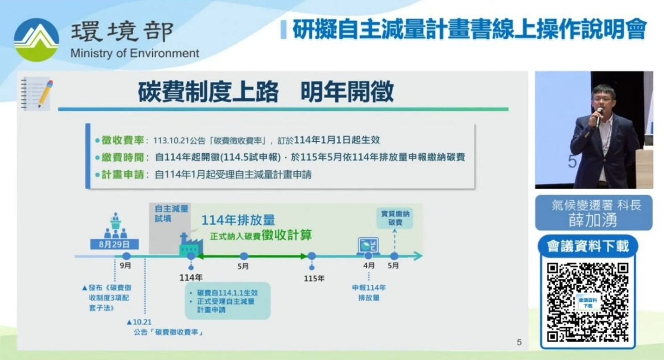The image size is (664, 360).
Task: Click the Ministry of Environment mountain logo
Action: [36, 40]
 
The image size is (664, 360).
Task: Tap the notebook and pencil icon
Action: [37, 93]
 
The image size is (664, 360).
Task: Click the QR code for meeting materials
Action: [588, 302]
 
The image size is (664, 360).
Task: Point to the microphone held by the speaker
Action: [599, 117]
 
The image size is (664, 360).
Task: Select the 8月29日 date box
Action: [115, 244]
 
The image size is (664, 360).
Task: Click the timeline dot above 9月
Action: [126, 256]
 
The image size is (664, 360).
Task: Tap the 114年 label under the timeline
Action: [191, 277]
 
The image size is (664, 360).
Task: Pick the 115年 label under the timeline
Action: [314, 279]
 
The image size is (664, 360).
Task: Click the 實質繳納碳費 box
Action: [395, 218]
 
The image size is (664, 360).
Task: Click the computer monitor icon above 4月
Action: [368, 246]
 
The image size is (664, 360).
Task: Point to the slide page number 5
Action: [519, 342]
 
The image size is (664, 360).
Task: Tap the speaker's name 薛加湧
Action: [593, 220]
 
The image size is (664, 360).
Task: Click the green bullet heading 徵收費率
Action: [122, 140]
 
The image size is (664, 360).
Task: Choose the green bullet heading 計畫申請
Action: [122, 174]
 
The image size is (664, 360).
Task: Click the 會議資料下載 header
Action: [588, 246]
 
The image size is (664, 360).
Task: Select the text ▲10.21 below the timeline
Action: [139, 322]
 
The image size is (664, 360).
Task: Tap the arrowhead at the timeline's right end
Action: [418, 256]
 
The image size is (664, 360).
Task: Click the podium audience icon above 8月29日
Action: [116, 225]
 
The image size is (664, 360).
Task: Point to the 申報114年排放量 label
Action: [369, 292]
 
